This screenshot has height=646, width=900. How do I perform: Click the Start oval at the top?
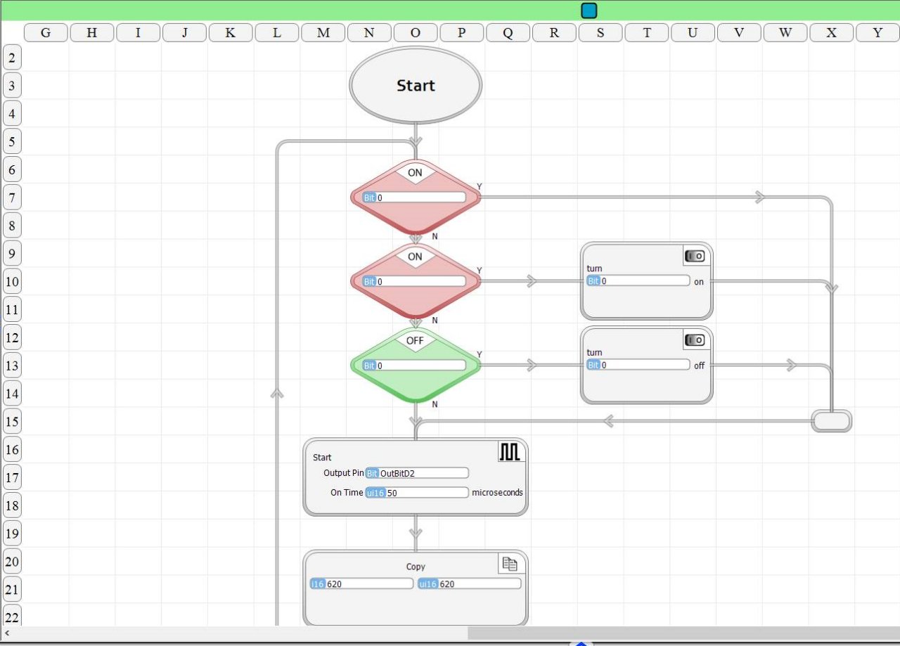point(416,85)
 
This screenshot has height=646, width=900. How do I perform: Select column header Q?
point(508,32)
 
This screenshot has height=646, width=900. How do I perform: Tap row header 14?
point(12,394)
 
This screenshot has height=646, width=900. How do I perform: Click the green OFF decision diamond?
point(416,366)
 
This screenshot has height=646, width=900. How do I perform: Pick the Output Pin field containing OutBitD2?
point(417,473)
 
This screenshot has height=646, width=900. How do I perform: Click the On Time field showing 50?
point(417,493)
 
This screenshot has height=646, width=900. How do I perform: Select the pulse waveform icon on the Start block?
point(510,451)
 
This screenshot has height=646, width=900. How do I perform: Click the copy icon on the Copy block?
point(510,564)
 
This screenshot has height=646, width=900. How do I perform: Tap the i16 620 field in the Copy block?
point(361,583)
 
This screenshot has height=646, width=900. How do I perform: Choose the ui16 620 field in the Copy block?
point(469,583)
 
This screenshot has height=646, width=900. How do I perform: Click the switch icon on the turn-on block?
point(695,256)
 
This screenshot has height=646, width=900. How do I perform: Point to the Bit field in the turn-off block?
point(638,365)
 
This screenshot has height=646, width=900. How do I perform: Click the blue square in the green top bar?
point(589,11)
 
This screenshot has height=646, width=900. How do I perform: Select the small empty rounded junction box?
point(831,421)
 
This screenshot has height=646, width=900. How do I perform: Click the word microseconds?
point(497,493)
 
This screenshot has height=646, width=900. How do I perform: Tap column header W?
point(785,32)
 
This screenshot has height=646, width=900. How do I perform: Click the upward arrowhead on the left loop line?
point(277,394)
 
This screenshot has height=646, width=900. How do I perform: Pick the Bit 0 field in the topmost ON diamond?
point(414,198)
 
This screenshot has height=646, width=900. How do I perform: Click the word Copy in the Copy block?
point(416,567)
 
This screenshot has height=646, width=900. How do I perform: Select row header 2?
point(12,58)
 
